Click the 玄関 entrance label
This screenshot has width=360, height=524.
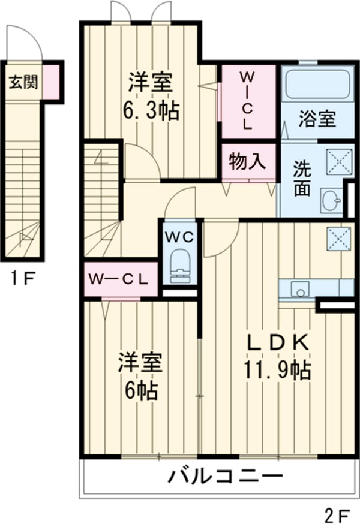click(x=23, y=82)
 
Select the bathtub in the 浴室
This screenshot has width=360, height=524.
click(x=317, y=85)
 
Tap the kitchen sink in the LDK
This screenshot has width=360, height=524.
click(x=298, y=289)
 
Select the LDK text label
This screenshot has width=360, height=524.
click(x=279, y=342)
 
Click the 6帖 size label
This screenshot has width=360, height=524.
click(x=142, y=390)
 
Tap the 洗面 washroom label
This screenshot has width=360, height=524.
click(x=302, y=179)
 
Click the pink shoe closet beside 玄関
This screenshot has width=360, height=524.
click(x=50, y=82)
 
